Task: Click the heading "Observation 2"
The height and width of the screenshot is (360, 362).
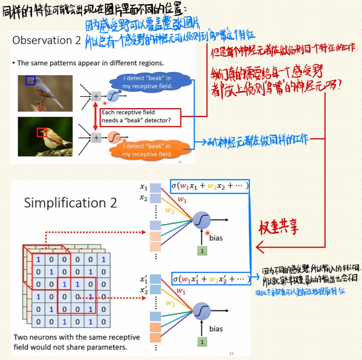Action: [x=47, y=40]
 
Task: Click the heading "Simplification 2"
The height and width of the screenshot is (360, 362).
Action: [x=70, y=203]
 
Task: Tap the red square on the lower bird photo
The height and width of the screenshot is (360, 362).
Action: [x=42, y=133]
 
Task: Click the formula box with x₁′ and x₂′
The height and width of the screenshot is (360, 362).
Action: [x=211, y=279]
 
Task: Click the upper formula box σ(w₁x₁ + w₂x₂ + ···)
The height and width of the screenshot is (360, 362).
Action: [x=210, y=186]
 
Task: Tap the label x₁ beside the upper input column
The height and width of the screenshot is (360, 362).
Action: [x=143, y=187]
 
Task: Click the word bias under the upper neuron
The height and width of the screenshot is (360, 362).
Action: [x=216, y=238]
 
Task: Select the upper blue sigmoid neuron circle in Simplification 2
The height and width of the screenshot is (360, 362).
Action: [x=202, y=221]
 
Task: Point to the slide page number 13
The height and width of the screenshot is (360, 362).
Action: [x=232, y=353]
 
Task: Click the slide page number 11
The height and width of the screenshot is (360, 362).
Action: [x=180, y=162]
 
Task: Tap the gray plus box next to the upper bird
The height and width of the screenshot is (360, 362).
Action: [x=96, y=96]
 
